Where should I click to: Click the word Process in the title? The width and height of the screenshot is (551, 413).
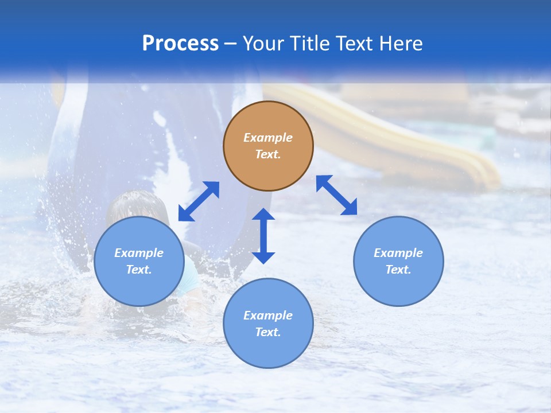pos(180,44)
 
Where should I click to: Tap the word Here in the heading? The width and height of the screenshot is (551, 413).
pos(400,44)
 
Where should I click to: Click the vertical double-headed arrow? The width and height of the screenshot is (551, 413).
pos(263,236)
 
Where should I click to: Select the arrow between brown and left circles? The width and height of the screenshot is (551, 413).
pos(199,201)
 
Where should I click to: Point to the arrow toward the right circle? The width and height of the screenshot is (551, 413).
pos(336,195)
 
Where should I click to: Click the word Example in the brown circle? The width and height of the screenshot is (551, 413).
pos(268,138)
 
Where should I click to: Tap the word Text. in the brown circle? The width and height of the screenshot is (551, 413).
pos(268,154)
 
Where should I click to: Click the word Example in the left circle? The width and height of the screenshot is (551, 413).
pos(139,253)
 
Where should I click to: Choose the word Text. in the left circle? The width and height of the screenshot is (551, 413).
pos(139,270)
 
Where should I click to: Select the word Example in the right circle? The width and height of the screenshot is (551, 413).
pos(398,253)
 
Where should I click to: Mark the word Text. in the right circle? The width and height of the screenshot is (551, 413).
pos(398,270)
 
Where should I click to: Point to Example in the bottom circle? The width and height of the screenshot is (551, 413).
pos(268,315)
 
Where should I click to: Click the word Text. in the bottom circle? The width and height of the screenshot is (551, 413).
pos(268,332)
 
